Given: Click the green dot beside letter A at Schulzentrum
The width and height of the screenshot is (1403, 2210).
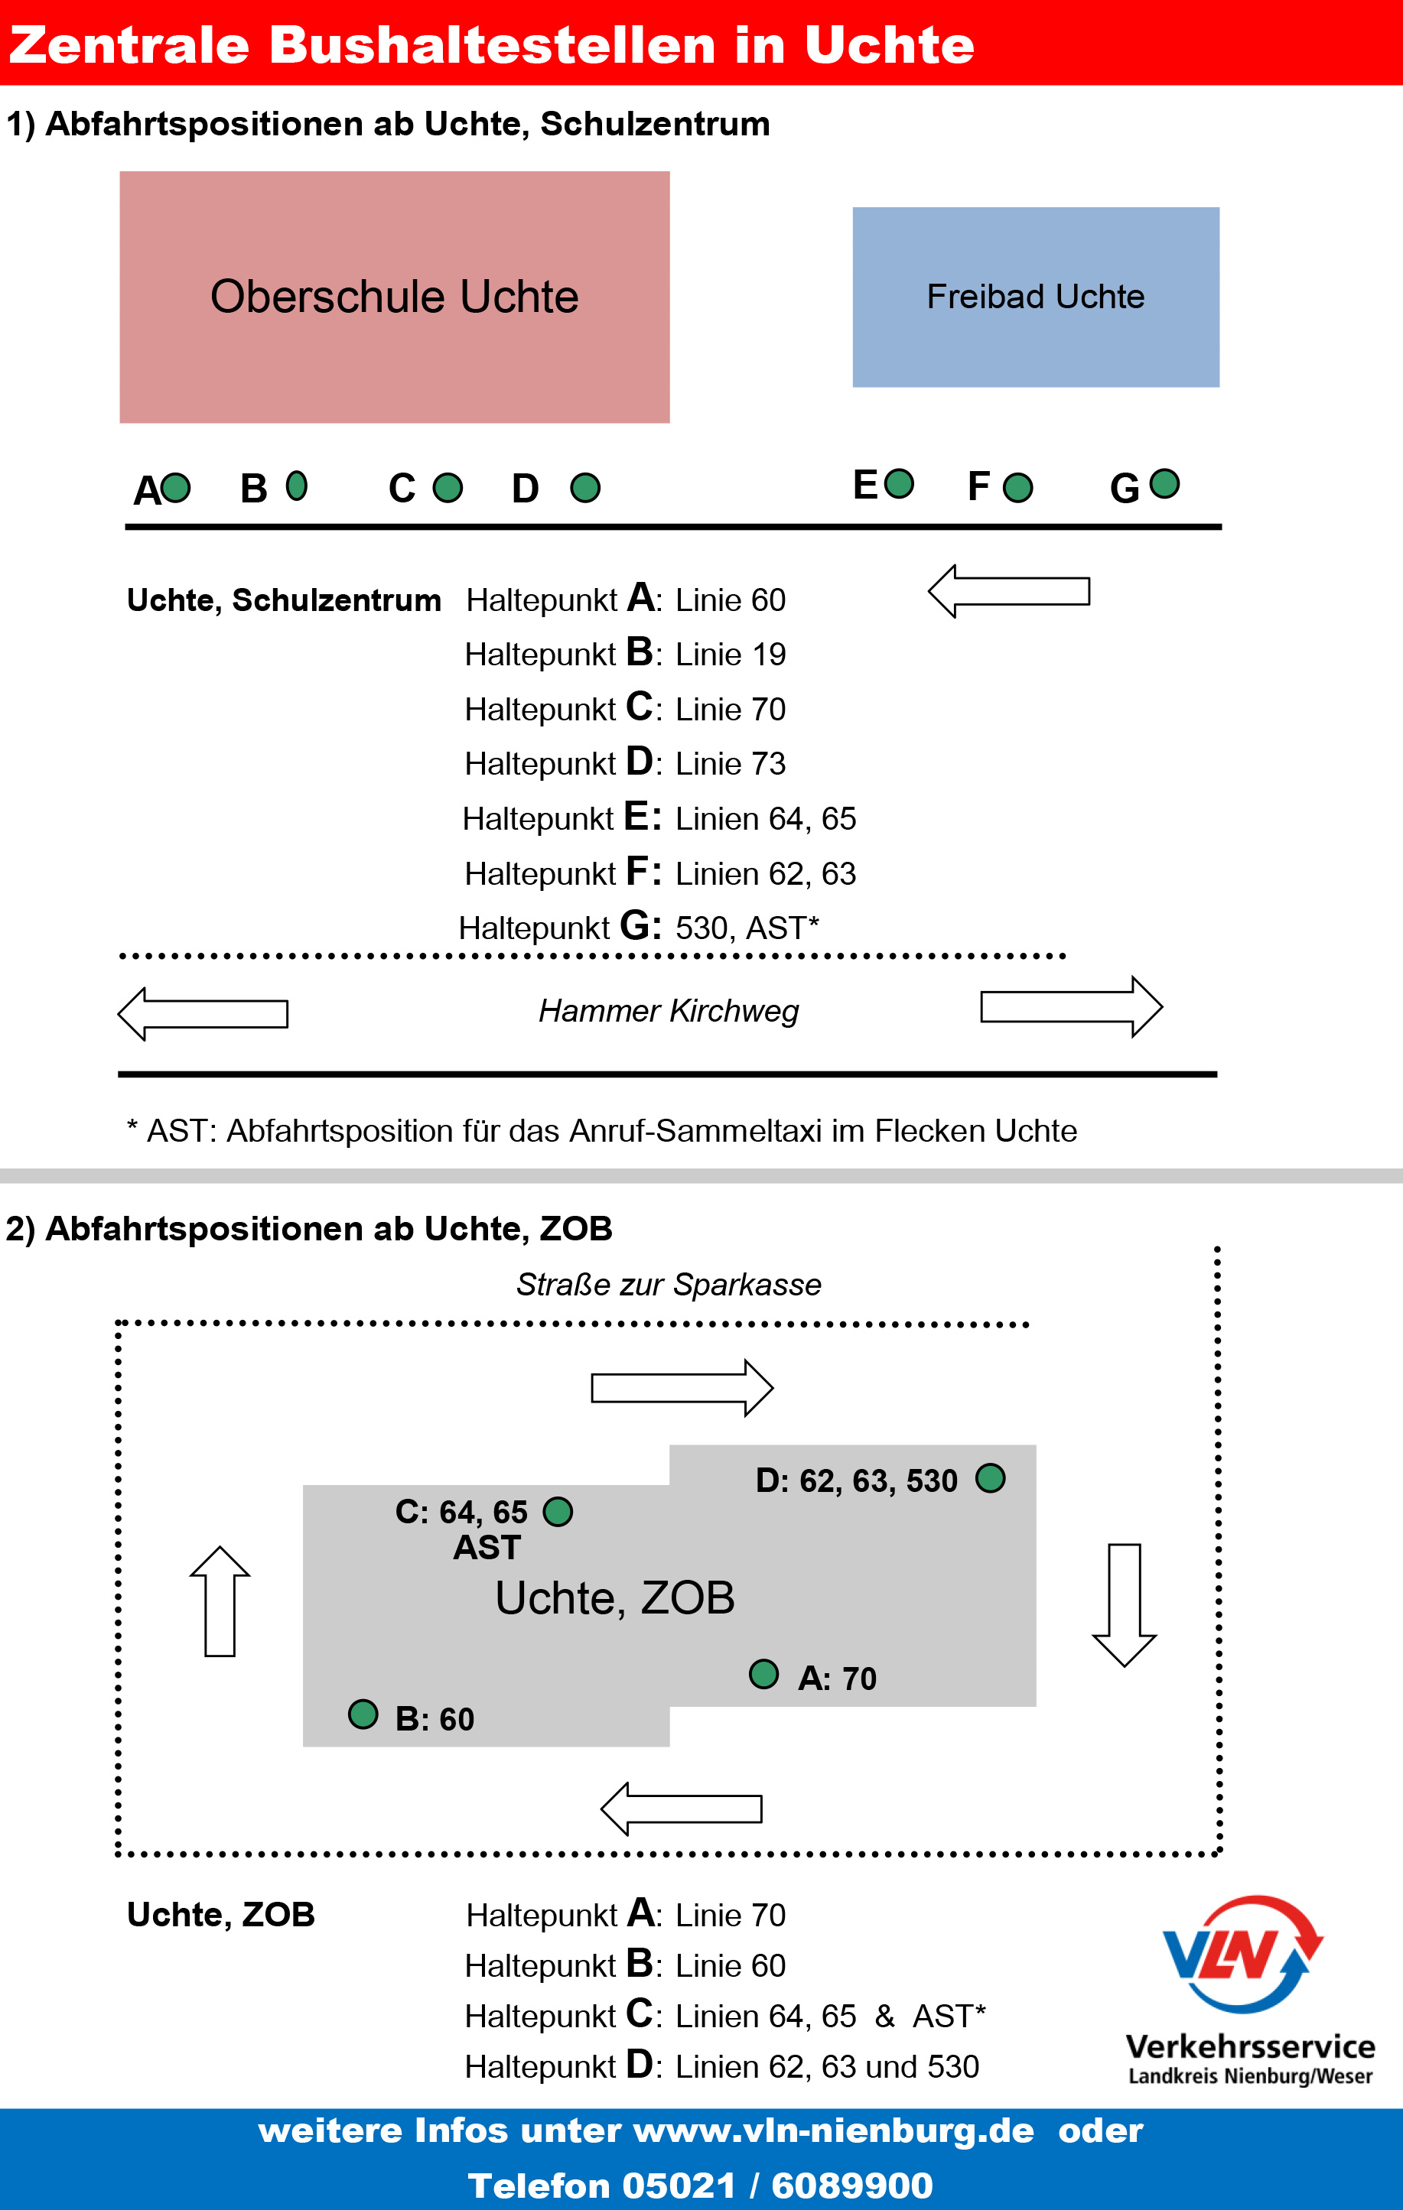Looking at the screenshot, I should pyautogui.click(x=175, y=487).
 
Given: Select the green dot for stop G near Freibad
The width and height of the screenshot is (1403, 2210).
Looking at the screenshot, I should pyautogui.click(x=1164, y=483).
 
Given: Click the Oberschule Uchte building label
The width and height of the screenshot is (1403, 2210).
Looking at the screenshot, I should pyautogui.click(x=394, y=297).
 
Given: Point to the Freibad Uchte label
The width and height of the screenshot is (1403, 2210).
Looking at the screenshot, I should pyautogui.click(x=1035, y=297).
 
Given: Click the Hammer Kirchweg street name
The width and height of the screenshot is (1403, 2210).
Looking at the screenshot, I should pyautogui.click(x=669, y=1010).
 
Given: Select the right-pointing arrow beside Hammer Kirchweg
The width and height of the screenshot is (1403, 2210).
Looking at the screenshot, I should pyautogui.click(x=1071, y=1007).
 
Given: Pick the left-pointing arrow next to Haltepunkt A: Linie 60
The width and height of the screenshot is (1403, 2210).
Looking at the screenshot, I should pyautogui.click(x=1008, y=591).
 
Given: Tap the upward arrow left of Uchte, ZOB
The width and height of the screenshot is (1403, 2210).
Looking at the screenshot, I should pyautogui.click(x=220, y=1601).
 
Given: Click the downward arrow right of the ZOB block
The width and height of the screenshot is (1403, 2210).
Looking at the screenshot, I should pyautogui.click(x=1124, y=1604).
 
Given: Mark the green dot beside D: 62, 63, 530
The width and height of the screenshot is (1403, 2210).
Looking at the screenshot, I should pyautogui.click(x=990, y=1477).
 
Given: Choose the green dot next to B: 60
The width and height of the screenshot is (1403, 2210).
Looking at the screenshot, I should pyautogui.click(x=363, y=1714).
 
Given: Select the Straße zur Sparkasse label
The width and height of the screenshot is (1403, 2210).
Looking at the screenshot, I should pyautogui.click(x=669, y=1284).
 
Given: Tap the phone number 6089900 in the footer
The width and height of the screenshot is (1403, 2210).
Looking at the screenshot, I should pyautogui.click(x=851, y=2186).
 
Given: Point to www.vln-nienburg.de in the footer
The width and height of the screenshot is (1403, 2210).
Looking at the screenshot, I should pyautogui.click(x=833, y=2130).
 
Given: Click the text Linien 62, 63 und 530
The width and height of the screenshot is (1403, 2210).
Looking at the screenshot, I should pyautogui.click(x=826, y=2066).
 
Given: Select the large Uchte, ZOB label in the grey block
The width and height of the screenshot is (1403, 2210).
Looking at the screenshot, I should pyautogui.click(x=614, y=1597).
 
